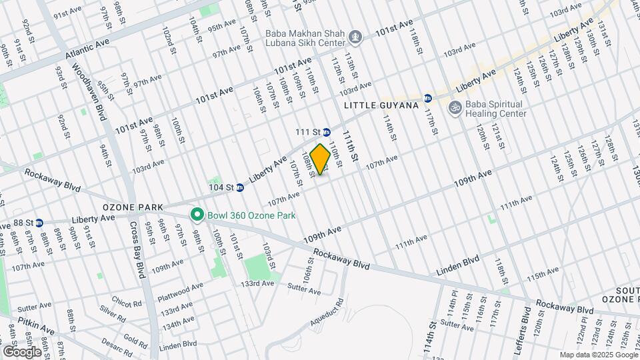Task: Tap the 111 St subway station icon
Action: pyautogui.click(x=327, y=132)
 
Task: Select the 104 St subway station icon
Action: pyautogui.click(x=240, y=187)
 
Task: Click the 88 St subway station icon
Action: pyautogui.click(x=39, y=222)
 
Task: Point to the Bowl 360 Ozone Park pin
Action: pyautogui.click(x=197, y=215)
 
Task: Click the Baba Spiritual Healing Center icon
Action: pyautogui.click(x=455, y=107)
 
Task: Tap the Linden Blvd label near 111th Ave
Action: pyautogui.click(x=458, y=265)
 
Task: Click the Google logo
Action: pyautogui.click(x=22, y=351)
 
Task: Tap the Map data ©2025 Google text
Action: pyautogui.click(x=598, y=355)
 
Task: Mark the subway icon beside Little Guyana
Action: pyautogui.click(x=428, y=98)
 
